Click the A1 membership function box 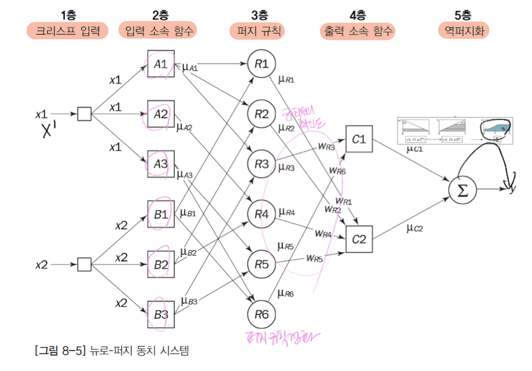coord(161,64)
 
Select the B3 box coord(161,314)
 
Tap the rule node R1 coord(261,64)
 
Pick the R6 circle coord(261,314)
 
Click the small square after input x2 coord(84,265)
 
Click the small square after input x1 coord(84,114)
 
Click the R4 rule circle coord(261,215)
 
